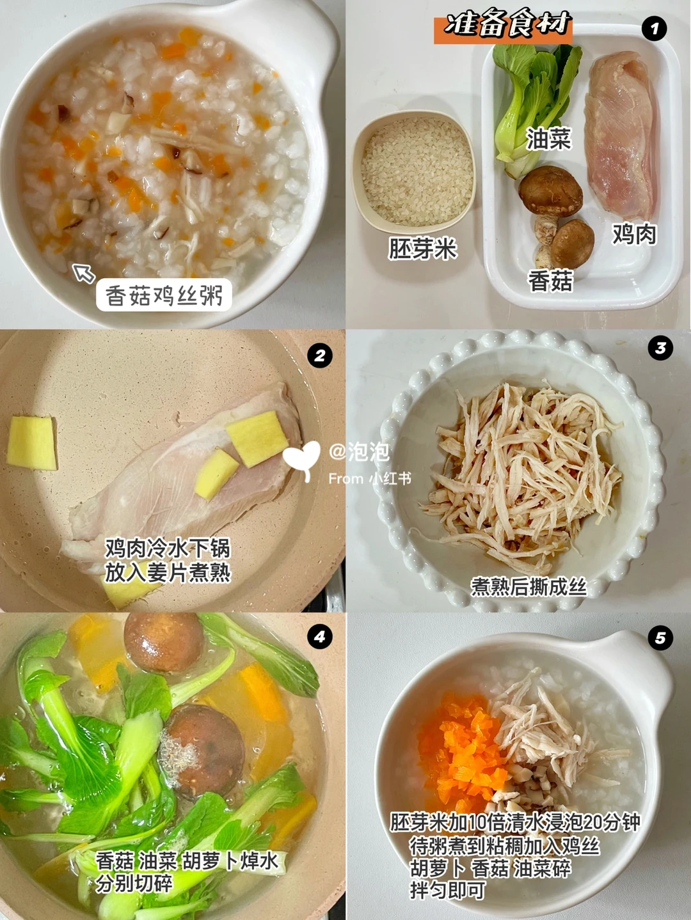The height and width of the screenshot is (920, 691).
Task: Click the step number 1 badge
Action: click(654, 29)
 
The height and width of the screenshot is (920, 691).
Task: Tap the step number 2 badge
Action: click(320, 356)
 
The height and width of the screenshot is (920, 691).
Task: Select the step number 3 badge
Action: click(660, 347)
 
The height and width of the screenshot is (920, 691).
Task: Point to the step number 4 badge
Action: click(320, 637)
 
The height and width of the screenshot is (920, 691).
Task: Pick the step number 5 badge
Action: click(660, 638)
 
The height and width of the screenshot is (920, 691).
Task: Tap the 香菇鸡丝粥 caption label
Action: click(164, 295)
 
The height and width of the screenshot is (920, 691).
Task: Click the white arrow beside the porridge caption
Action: click(83, 273)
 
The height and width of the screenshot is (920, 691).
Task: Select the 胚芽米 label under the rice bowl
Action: click(422, 249)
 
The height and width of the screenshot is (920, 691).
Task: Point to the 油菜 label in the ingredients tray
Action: click(549, 139)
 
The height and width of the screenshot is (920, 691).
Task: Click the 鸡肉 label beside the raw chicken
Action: click(635, 233)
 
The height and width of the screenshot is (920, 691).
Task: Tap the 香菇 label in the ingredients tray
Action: click(550, 281)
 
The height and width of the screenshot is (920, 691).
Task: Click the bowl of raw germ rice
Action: click(413, 172)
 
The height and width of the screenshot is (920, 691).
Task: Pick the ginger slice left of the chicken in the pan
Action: click(31, 443)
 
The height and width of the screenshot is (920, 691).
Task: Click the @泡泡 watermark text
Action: click(360, 453)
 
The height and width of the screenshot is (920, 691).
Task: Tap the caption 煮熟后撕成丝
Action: click(528, 587)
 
